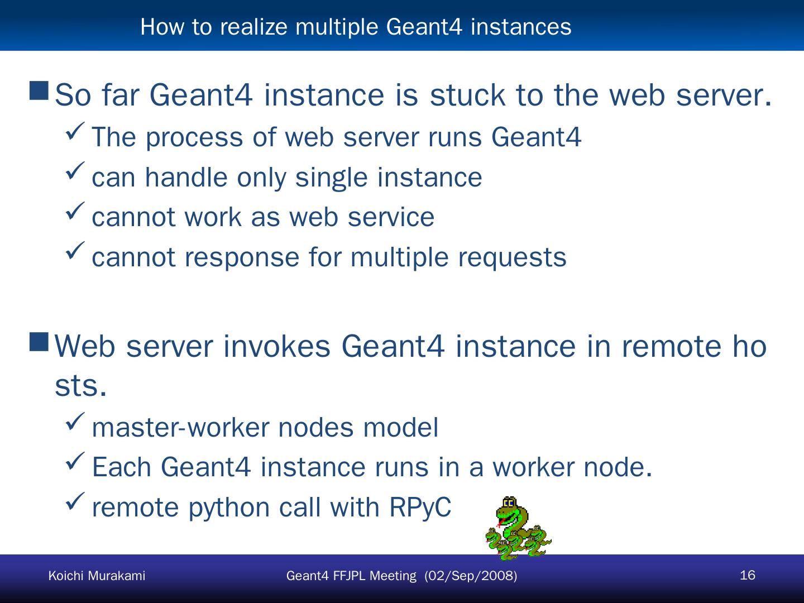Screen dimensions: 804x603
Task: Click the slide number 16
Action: point(747,575)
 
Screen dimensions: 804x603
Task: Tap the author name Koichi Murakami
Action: point(97,576)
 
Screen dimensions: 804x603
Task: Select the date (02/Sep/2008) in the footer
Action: point(471,576)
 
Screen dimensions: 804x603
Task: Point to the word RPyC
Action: point(419,507)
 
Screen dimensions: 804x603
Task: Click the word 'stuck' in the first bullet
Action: point(468,95)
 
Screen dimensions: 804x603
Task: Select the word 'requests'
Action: point(512,257)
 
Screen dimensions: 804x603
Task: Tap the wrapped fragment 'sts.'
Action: point(80,386)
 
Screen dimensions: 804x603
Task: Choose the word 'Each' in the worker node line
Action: point(121,467)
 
